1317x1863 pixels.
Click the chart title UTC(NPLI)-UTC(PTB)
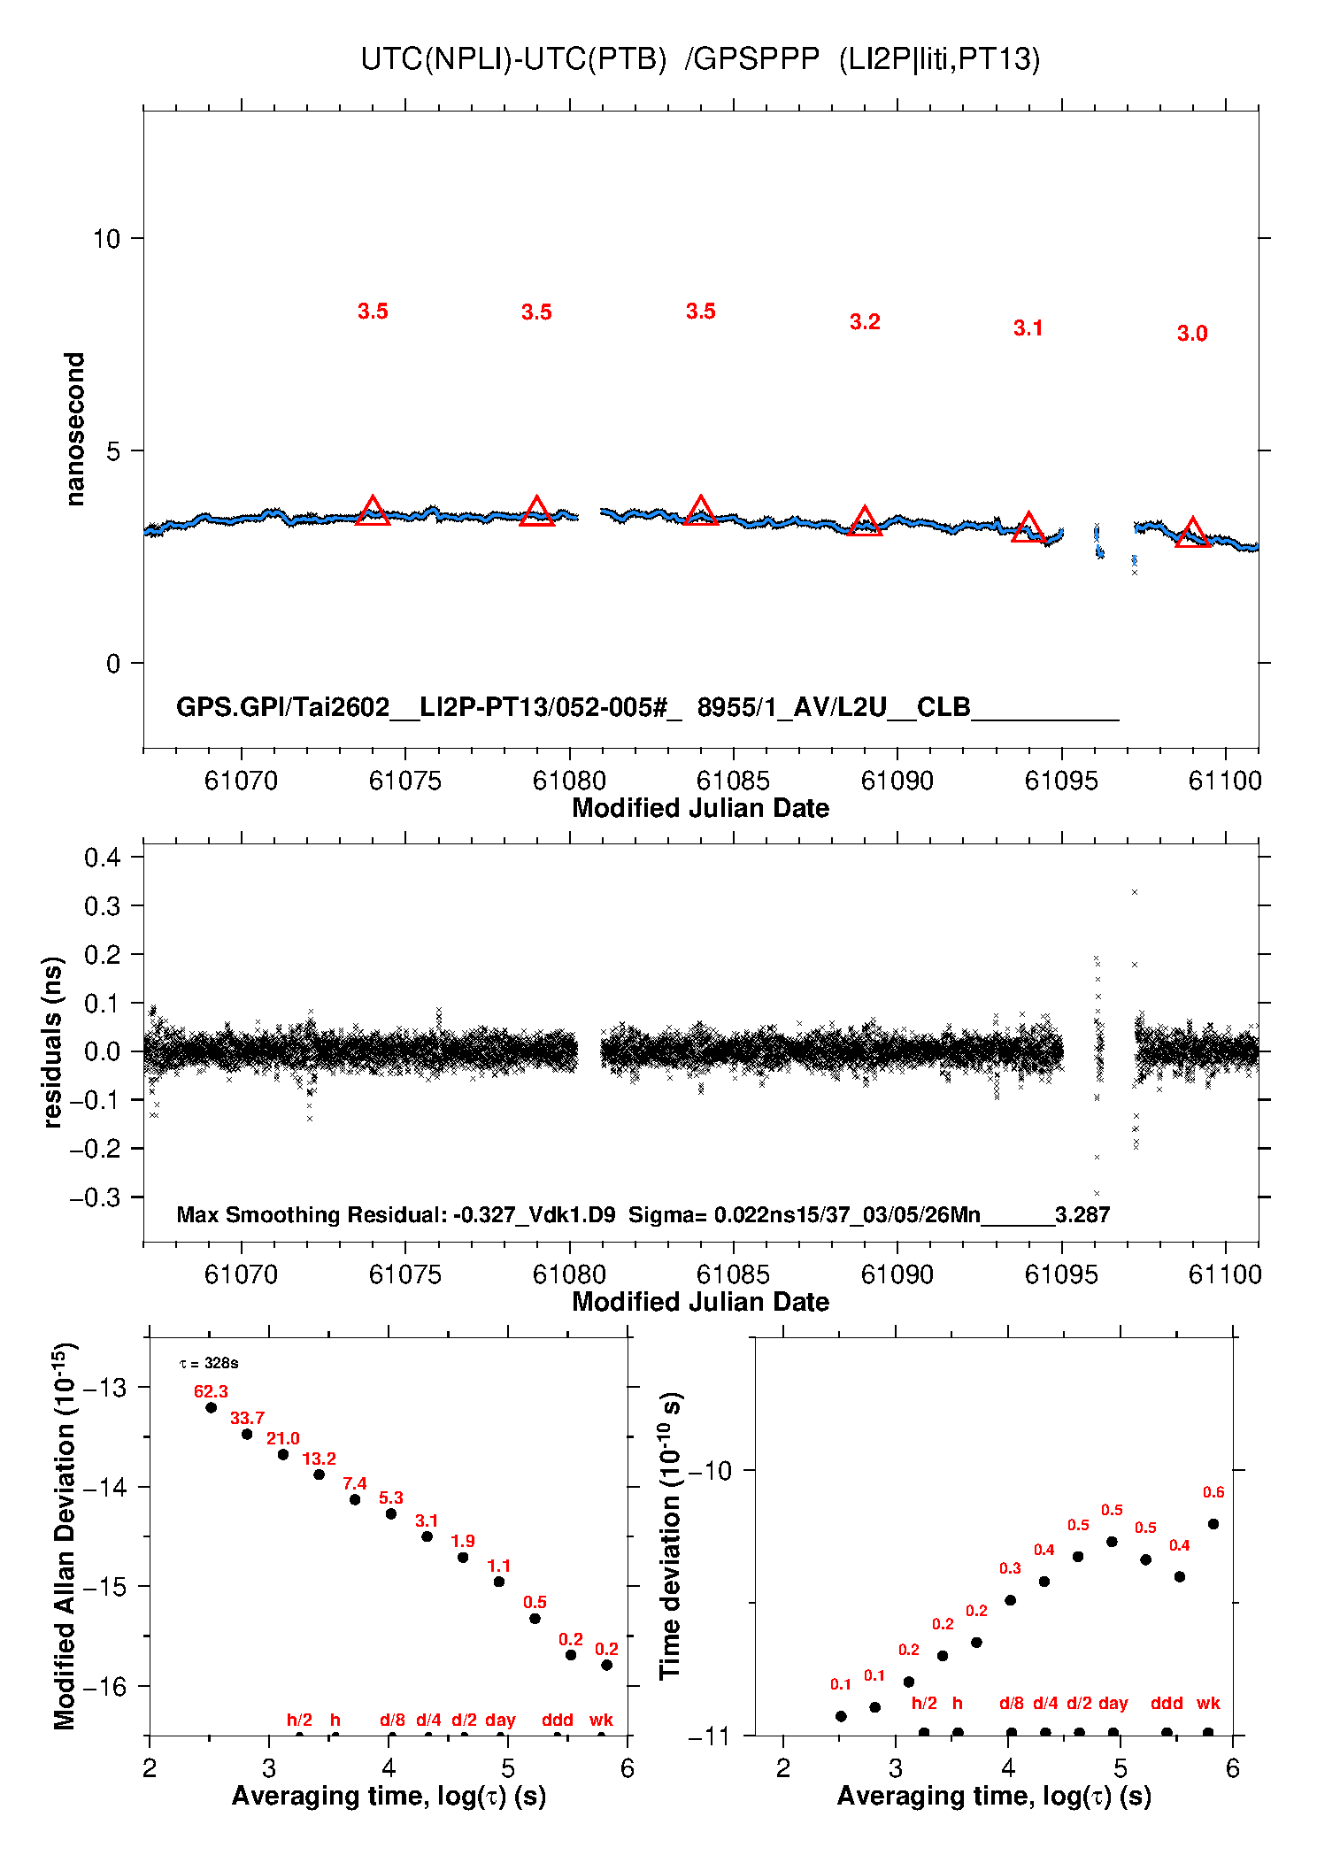coord(513,59)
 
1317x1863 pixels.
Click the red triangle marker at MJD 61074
coord(373,512)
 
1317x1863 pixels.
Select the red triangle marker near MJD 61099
coord(1192,534)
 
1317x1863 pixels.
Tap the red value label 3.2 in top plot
coord(865,322)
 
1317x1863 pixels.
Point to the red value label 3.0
coord(1192,334)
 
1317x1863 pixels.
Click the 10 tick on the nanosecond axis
coord(106,239)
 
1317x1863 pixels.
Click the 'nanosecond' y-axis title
coord(75,429)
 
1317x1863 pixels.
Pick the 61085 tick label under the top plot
coord(733,781)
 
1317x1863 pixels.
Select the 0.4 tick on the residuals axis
coord(102,857)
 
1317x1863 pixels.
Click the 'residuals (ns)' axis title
coord(53,1042)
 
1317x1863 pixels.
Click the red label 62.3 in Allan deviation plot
coord(211,1392)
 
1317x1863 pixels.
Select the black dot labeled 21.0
coord(283,1454)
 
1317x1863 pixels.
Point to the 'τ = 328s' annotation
coord(209,1363)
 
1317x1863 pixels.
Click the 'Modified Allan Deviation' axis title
coord(65,1536)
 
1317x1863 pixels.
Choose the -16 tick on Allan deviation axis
coord(104,1686)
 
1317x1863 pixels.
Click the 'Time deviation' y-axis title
coord(670,1536)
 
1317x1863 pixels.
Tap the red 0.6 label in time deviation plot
coord(1213,1492)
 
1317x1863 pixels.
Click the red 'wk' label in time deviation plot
coord(1208,1703)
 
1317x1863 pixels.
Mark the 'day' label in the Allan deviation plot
coord(500,1720)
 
